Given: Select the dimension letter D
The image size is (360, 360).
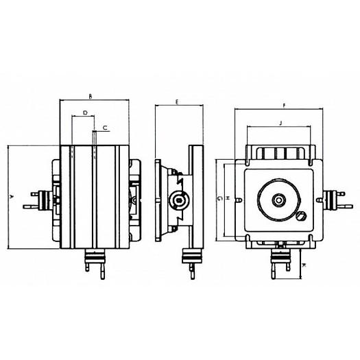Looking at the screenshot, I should (x=84, y=112).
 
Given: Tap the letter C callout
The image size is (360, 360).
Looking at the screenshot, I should (x=105, y=128).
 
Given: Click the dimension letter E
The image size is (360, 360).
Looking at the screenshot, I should (x=177, y=101).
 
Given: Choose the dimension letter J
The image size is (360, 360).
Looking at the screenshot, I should (x=281, y=122).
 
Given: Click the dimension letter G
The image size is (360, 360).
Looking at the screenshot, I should (x=218, y=198).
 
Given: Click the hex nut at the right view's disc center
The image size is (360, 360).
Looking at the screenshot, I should (x=279, y=200).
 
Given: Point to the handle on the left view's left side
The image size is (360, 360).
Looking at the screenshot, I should (x=34, y=198).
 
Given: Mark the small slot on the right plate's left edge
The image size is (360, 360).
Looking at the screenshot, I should (x=237, y=200).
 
